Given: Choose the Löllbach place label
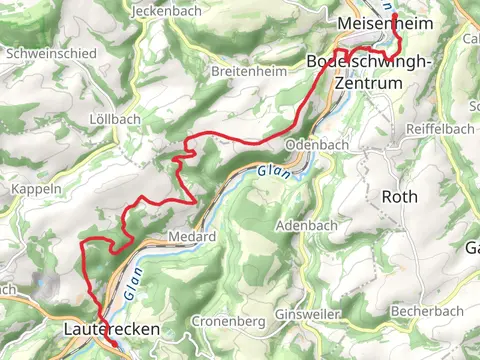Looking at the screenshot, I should coord(115,119).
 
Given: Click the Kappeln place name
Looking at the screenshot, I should coord(37,188).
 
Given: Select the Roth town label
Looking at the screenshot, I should coord(399,197).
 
